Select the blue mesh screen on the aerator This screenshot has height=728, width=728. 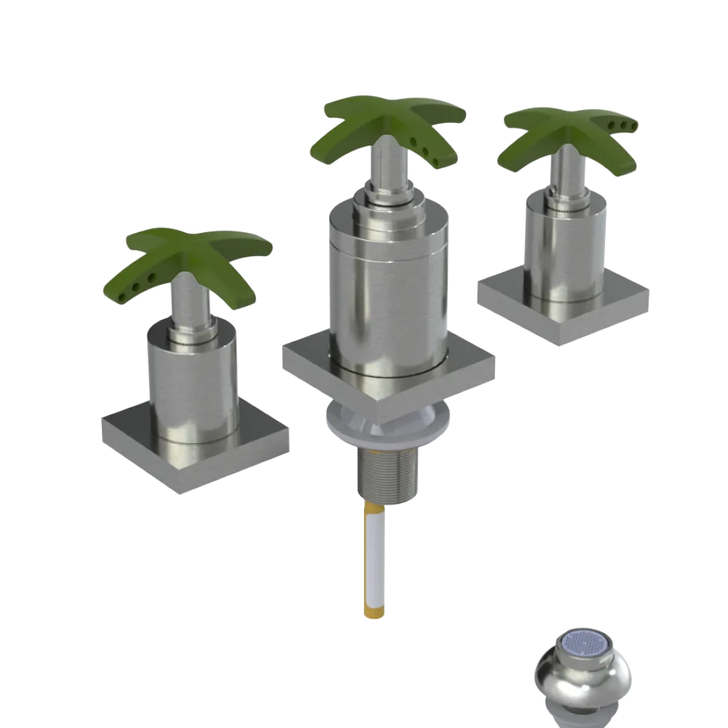pyautogui.click(x=585, y=644)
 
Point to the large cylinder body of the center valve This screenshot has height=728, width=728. pyautogui.click(x=386, y=291)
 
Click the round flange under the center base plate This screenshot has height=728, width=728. pyautogui.click(x=386, y=430)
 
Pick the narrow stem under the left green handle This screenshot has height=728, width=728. pyautogui.click(x=191, y=306)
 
